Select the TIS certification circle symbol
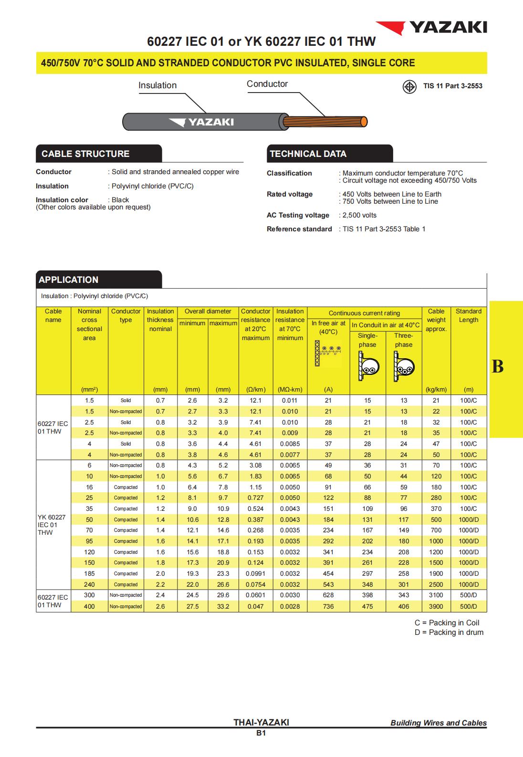pyautogui.click(x=409, y=87)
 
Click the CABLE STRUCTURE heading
pyautogui.click(x=86, y=154)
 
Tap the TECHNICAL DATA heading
pyautogui.click(x=308, y=154)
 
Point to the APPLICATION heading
pyautogui.click(x=69, y=280)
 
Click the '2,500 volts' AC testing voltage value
pyautogui.click(x=359, y=215)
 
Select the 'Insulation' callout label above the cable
pyautogui.click(x=157, y=85)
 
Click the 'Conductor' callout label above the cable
pyautogui.click(x=267, y=84)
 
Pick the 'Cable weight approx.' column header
pyautogui.click(x=436, y=320)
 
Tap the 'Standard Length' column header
pyautogui.click(x=469, y=315)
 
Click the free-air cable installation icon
pyautogui.click(x=328, y=353)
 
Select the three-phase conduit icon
pyautogui.click(x=403, y=366)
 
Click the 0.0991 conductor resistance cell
pyautogui.click(x=256, y=573)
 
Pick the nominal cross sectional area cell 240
pyautogui.click(x=89, y=584)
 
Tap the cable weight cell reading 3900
pyautogui.click(x=436, y=606)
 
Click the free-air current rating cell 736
pyautogui.click(x=328, y=606)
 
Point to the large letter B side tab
pyautogui.click(x=497, y=366)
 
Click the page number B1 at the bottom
pyautogui.click(x=261, y=733)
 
